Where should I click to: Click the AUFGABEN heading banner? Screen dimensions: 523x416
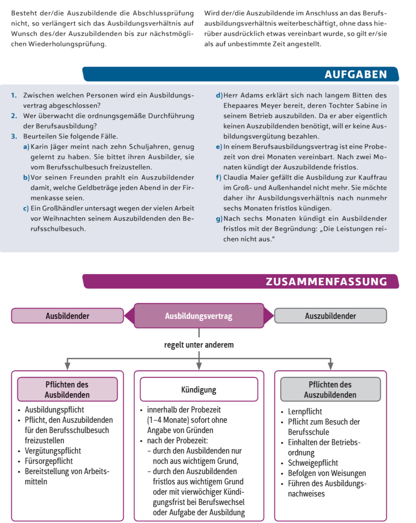pyautogui.click(x=240, y=74)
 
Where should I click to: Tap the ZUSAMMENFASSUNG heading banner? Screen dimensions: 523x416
pyautogui.click(x=240, y=281)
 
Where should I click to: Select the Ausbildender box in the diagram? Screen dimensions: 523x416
pyautogui.click(x=67, y=316)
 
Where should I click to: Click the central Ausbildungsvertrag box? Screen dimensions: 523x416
pyautogui.click(x=199, y=316)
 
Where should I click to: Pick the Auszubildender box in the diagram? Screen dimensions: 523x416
pyautogui.click(x=330, y=316)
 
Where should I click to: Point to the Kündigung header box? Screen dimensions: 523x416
pyautogui.click(x=199, y=389)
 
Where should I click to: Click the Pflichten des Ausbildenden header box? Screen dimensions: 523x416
pyautogui.click(x=67, y=389)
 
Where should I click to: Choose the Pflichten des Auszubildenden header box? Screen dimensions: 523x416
pyautogui.click(x=330, y=389)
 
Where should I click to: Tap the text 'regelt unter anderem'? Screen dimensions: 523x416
pyautogui.click(x=199, y=345)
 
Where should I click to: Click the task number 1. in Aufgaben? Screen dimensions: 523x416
pyautogui.click(x=14, y=95)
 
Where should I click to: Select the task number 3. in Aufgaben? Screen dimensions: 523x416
pyautogui.click(x=14, y=136)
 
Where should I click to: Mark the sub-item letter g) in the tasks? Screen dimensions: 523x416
pyautogui.click(x=219, y=219)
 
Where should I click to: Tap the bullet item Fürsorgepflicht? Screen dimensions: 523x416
pyautogui.click(x=48, y=461)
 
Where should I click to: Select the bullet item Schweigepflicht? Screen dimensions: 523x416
pyautogui.click(x=313, y=463)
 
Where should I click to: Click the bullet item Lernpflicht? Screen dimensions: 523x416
pyautogui.click(x=305, y=412)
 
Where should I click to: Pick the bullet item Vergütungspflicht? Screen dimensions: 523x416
pyautogui.click(x=53, y=451)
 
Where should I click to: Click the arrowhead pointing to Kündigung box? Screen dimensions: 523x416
pyautogui.click(x=199, y=366)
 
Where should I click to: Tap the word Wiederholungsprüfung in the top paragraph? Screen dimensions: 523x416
pyautogui.click(x=67, y=44)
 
